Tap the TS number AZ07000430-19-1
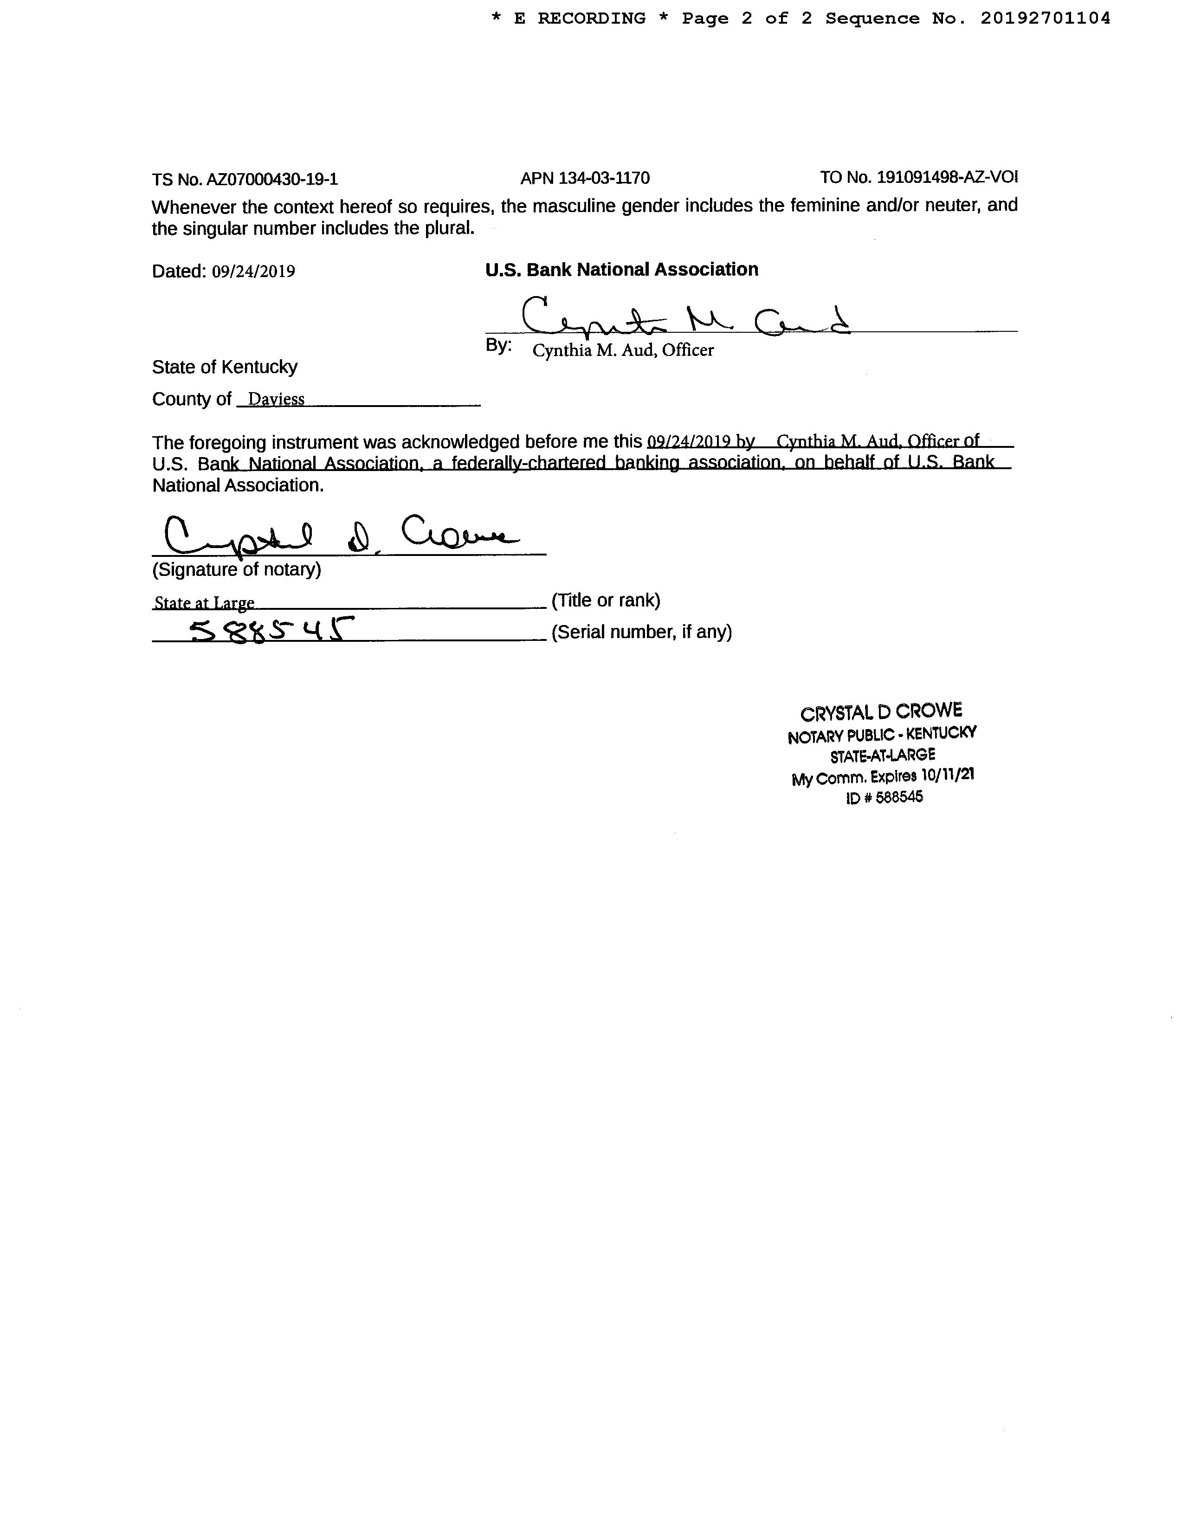[271, 180]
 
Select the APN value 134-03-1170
[604, 178]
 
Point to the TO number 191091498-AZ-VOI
[947, 177]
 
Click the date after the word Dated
[253, 271]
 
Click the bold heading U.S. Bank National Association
[621, 270]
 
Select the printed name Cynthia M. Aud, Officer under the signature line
[623, 350]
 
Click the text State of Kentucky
[225, 367]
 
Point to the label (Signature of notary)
[237, 569]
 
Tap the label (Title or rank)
[606, 601]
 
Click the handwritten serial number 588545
[271, 629]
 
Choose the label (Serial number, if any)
[641, 632]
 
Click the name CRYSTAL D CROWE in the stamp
[881, 712]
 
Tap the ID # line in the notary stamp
[884, 797]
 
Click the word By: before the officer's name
[498, 346]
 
